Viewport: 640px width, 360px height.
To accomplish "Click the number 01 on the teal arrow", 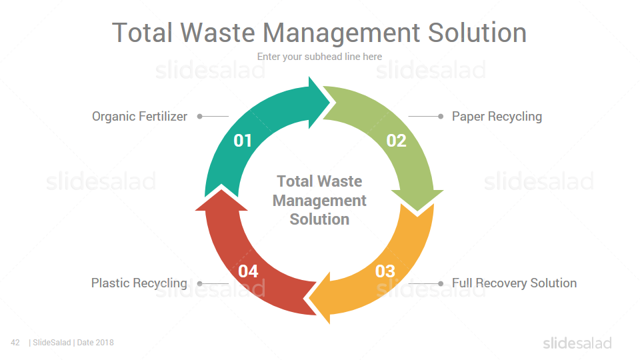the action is pos(243,141).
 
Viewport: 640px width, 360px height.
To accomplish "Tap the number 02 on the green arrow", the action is pos(396,141).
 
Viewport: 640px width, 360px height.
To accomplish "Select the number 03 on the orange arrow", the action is pos(385,271).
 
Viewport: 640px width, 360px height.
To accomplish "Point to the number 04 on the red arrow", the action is pos(248,271).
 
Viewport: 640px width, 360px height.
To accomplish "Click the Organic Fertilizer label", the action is pos(139,116).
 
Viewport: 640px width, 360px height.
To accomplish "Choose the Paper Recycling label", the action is pos(497,117).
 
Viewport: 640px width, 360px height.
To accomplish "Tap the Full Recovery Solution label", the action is pos(514,283).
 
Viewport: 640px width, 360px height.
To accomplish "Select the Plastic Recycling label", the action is pos(139,283).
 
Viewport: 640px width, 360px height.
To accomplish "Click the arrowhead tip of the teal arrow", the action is pos(330,103).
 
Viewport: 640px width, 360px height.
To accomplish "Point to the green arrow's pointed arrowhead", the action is pos(417,211).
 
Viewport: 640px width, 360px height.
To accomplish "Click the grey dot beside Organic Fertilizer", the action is pos(199,116).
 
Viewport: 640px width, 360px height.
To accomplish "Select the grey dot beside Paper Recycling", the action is pos(441,116).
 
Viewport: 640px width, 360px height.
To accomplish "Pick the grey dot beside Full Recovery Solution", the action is pos(441,283).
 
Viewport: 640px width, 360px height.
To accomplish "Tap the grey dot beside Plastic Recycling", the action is pos(199,283).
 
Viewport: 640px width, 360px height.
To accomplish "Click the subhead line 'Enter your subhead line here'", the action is pos(319,57).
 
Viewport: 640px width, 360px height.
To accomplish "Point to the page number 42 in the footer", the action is pos(15,343).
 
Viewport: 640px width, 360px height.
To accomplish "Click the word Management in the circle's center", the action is pos(319,201).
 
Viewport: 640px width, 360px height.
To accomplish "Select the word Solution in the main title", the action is pos(477,33).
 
